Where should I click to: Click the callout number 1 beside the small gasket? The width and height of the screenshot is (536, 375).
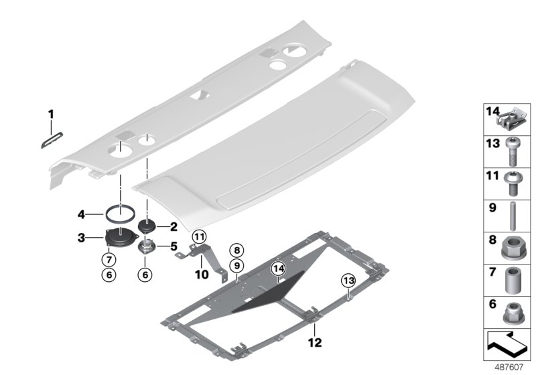point(50,116)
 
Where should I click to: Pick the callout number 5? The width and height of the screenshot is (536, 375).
point(172,245)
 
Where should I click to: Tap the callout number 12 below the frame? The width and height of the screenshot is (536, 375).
point(314,343)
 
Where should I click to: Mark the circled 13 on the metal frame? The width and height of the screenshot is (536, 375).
point(348,279)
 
